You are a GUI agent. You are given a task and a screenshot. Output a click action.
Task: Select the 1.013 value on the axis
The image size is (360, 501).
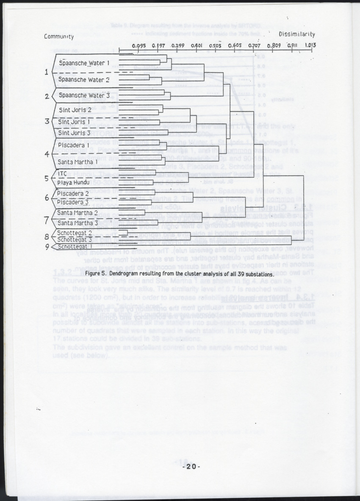[310, 45]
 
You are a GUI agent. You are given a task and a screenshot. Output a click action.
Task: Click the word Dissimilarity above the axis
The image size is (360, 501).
[296, 33]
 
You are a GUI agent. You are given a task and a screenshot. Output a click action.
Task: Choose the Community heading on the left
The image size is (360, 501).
[59, 36]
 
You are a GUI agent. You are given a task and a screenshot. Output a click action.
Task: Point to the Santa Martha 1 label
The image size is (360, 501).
[78, 161]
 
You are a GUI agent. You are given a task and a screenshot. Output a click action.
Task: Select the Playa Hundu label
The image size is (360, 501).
[74, 183]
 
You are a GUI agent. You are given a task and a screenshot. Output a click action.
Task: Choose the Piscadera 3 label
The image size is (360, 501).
[73, 202]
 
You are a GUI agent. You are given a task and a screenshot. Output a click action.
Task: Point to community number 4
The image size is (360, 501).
[46, 154]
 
